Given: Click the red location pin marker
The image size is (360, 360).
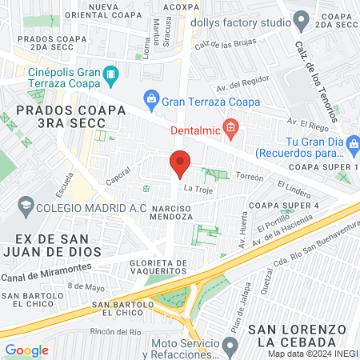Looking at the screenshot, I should pos(180,165).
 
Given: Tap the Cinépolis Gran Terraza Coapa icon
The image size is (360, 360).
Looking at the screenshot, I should pos(110,76).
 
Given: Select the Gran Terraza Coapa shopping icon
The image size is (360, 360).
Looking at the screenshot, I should pos(151,101).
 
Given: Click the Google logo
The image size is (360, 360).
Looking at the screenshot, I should pos(26,350).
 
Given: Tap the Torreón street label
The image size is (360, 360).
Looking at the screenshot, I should pos(249,177).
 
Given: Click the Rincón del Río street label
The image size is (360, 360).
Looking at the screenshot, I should pos(115,331).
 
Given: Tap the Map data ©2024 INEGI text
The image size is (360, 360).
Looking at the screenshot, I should pos(313,353).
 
